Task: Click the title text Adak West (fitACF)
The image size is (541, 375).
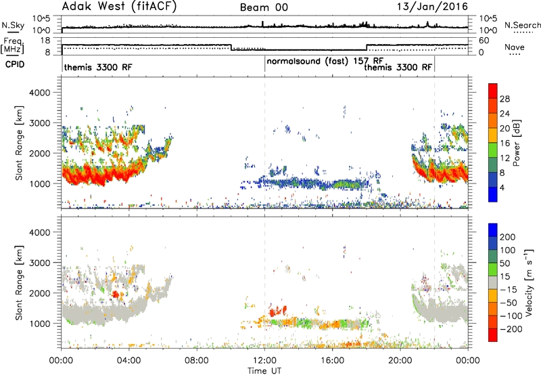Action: [x=119, y=7]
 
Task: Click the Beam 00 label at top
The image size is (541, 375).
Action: [x=264, y=7]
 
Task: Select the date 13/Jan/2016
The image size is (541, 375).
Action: [x=432, y=7]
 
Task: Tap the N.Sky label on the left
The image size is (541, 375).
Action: [x=13, y=26]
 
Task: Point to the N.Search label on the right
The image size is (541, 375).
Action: [x=522, y=25]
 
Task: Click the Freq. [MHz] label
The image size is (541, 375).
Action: [x=13, y=46]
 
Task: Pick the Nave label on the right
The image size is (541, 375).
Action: [x=514, y=47]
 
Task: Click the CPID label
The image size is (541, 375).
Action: [x=15, y=64]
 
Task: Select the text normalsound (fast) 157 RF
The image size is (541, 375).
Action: [x=325, y=61]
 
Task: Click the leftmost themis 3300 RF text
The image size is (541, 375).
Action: [x=98, y=67]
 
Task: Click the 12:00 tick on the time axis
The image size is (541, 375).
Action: [x=264, y=361]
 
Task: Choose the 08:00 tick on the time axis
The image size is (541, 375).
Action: [x=197, y=361]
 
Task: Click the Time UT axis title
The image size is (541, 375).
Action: [x=264, y=371]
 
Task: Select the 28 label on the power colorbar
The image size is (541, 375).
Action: [x=504, y=99]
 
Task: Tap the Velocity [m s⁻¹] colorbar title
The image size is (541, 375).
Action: [x=529, y=282]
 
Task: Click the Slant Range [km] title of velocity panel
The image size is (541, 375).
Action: [x=19, y=283]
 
